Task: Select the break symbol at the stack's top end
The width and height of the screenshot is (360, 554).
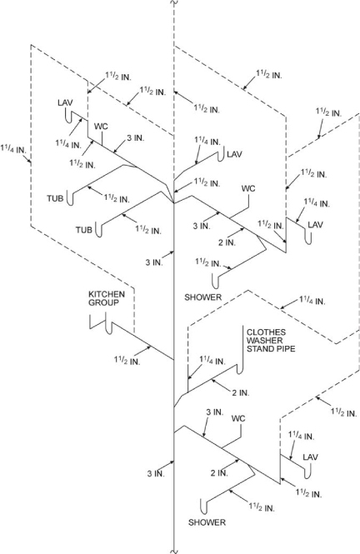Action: tap(172, 6)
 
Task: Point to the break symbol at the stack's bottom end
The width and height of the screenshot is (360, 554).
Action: tap(172, 547)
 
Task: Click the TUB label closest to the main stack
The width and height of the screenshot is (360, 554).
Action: tap(85, 229)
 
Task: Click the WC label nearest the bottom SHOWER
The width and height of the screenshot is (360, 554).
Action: tap(239, 418)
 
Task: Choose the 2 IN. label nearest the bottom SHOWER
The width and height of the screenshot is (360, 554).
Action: tap(219, 473)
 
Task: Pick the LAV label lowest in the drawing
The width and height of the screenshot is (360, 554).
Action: tap(311, 457)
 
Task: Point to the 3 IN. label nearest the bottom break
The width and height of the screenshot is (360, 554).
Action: tap(156, 473)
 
